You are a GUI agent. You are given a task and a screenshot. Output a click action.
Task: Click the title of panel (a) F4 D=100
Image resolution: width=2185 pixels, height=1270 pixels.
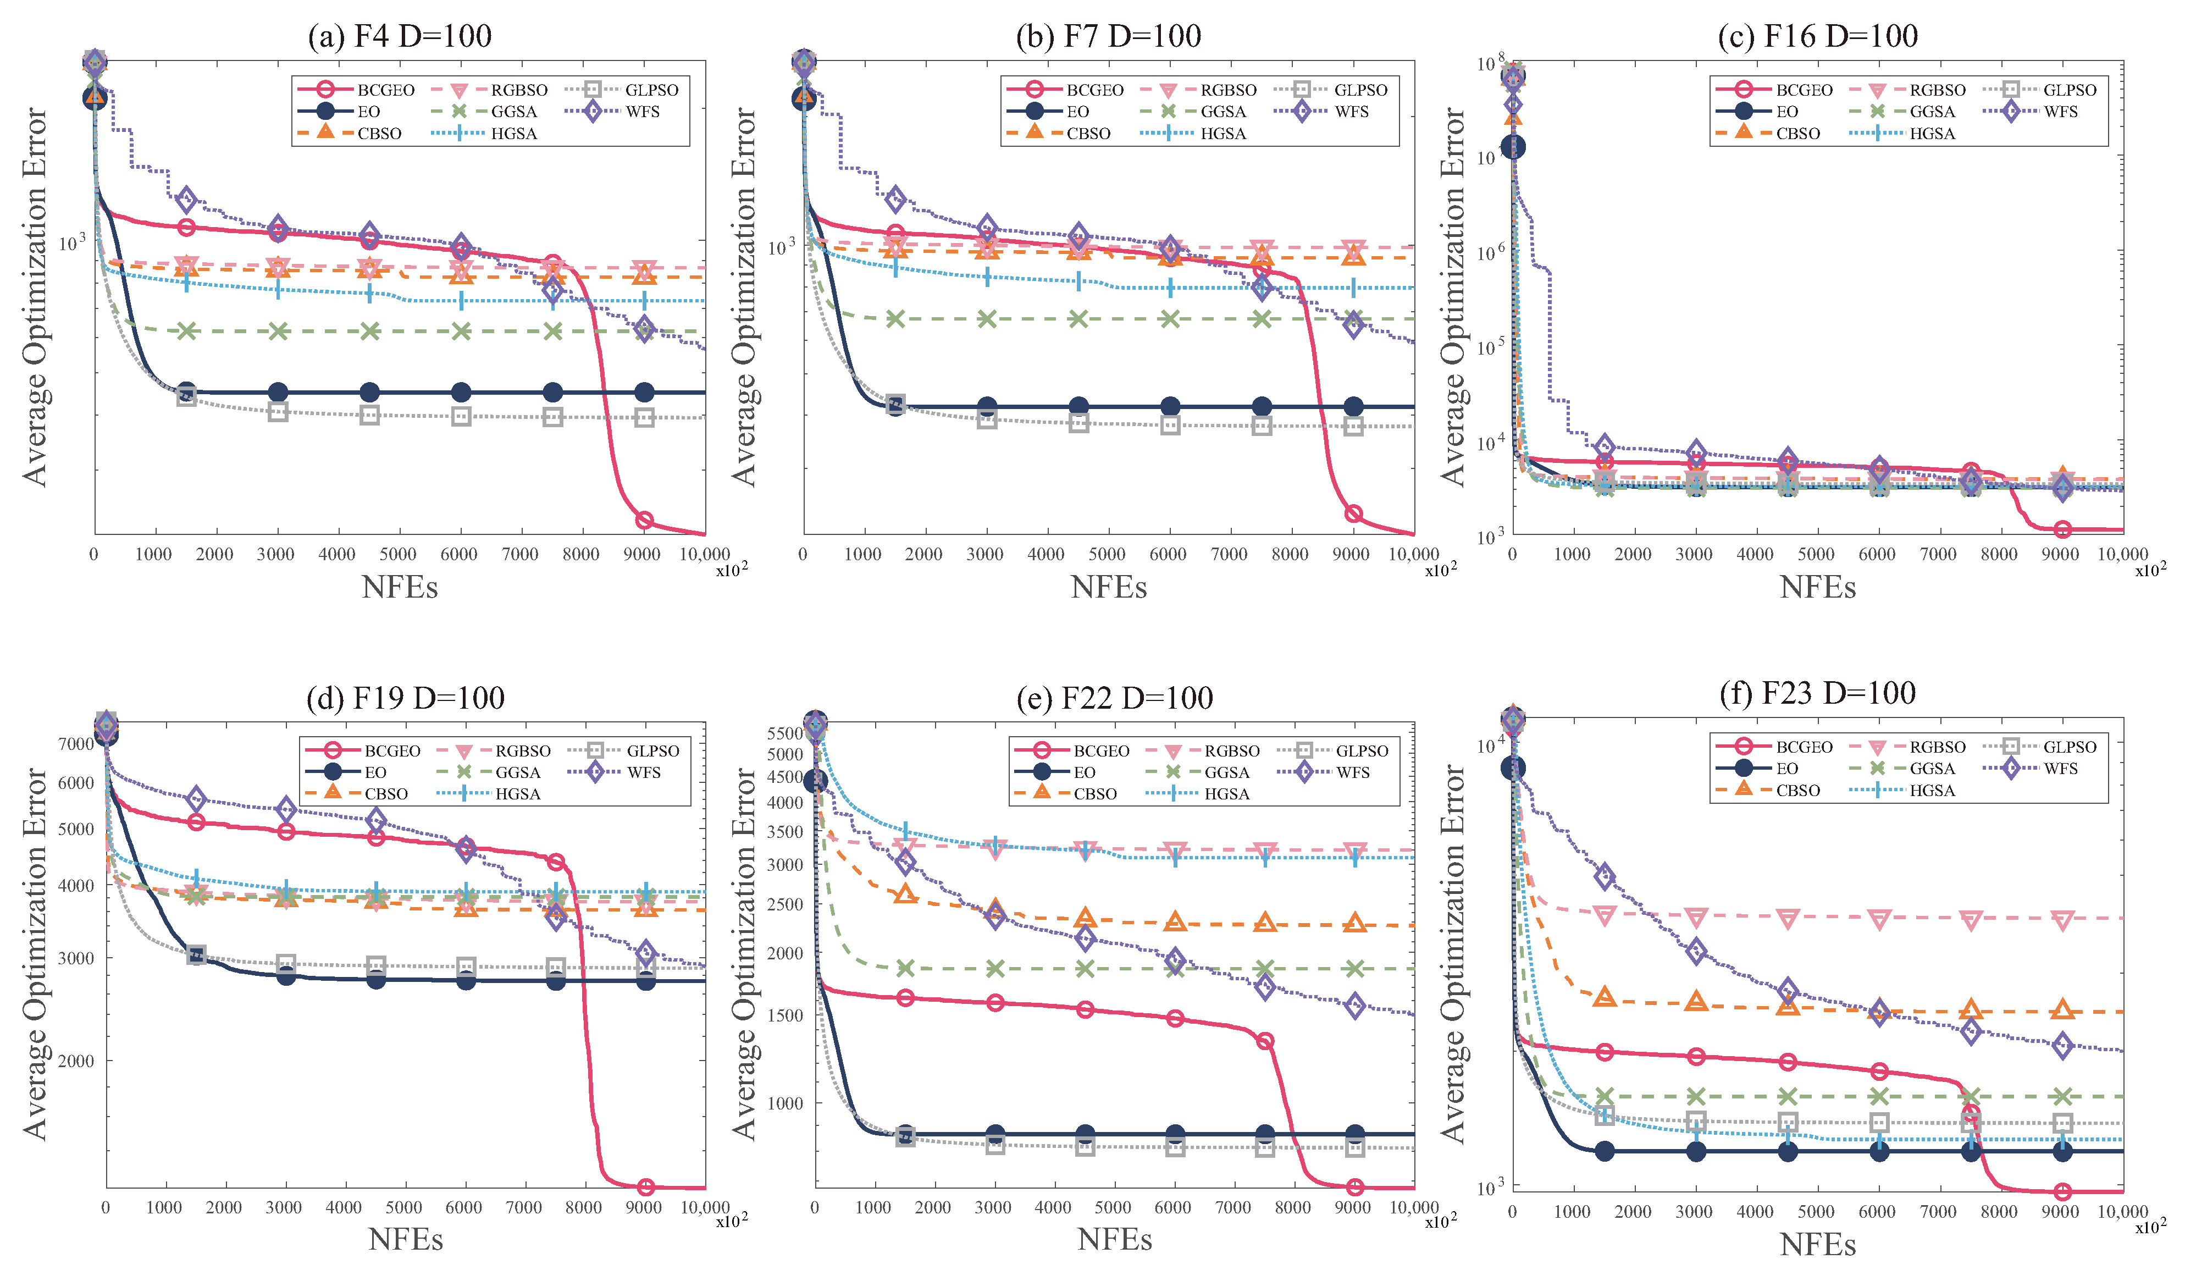400,36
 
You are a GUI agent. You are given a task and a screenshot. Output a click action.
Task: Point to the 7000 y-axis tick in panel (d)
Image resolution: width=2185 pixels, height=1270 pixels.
76,743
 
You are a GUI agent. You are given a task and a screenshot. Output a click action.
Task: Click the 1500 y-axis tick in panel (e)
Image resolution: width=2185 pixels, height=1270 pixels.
786,1015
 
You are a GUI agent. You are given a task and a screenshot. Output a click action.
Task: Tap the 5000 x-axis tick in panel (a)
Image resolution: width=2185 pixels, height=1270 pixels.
398,554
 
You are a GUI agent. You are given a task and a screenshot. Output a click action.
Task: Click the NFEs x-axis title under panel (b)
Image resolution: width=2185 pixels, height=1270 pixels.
1108,587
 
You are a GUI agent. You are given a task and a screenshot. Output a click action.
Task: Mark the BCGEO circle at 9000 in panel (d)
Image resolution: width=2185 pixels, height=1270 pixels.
645,1188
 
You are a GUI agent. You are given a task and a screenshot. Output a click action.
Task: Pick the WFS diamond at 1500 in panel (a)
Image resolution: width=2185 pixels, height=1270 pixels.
186,200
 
